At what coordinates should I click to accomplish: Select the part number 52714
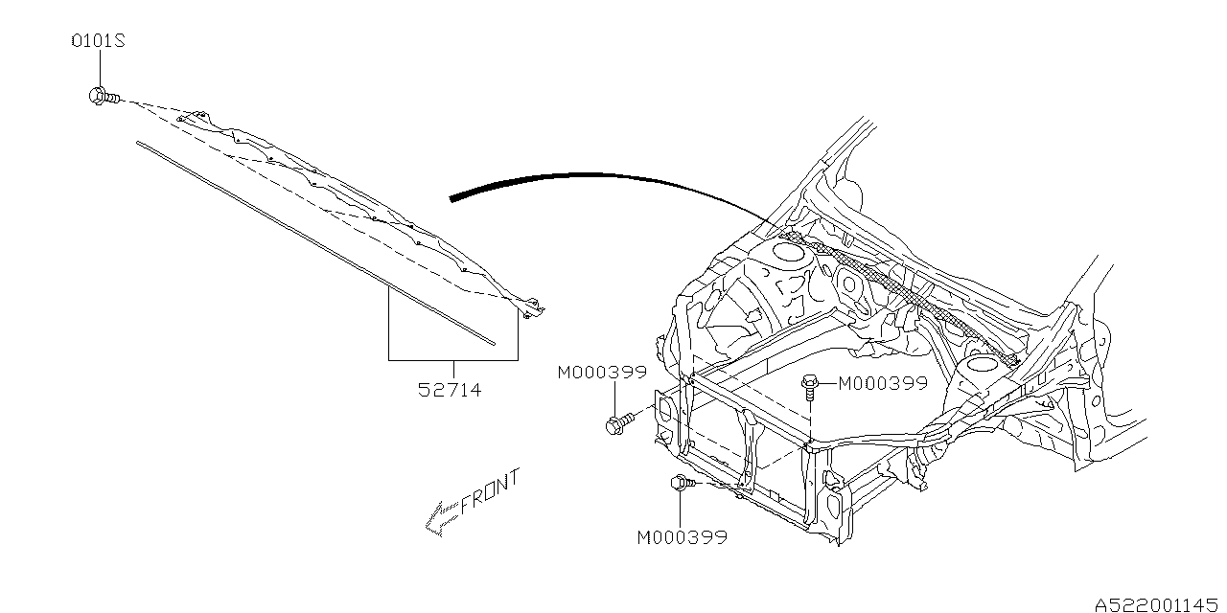(450, 390)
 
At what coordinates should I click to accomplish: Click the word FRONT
(489, 492)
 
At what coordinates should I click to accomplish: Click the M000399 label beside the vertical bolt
(883, 383)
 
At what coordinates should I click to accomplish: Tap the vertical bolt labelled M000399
(810, 387)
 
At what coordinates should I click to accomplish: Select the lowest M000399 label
(682, 537)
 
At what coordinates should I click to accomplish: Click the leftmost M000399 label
(602, 373)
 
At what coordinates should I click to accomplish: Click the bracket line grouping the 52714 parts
(452, 359)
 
